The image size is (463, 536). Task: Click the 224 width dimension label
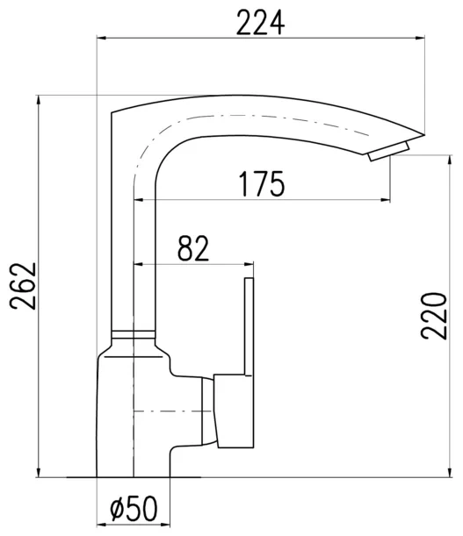[x=260, y=23]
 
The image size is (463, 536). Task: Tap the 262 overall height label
[x=23, y=286]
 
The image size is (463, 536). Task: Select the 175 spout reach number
[x=262, y=184]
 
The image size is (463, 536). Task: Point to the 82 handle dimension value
[x=193, y=248]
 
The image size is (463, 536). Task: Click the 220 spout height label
[x=434, y=316]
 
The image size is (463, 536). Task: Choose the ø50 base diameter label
[x=134, y=508]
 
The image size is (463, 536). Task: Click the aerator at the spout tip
[x=388, y=151]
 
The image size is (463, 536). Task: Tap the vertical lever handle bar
[x=249, y=326]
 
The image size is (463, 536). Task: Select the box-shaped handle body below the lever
[x=234, y=411]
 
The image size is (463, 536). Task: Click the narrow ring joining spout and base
[x=134, y=334]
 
